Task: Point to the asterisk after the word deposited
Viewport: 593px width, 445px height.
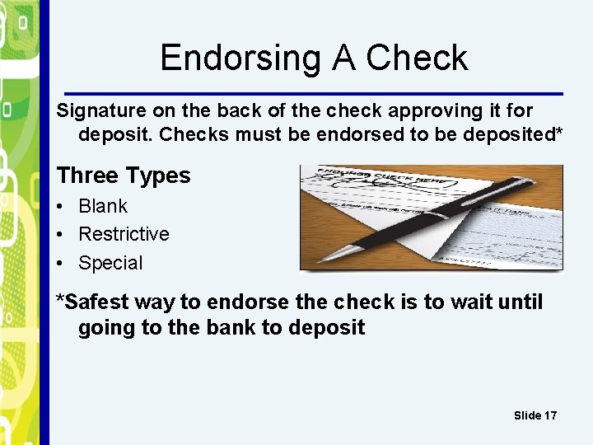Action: click(x=559, y=132)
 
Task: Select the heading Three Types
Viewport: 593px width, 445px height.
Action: click(x=123, y=176)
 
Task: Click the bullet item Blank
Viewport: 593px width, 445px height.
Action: click(x=103, y=206)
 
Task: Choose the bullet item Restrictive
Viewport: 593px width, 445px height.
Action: click(x=124, y=234)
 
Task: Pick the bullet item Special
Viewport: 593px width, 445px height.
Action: click(x=110, y=263)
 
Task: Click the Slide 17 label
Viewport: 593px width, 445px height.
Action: click(x=535, y=415)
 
